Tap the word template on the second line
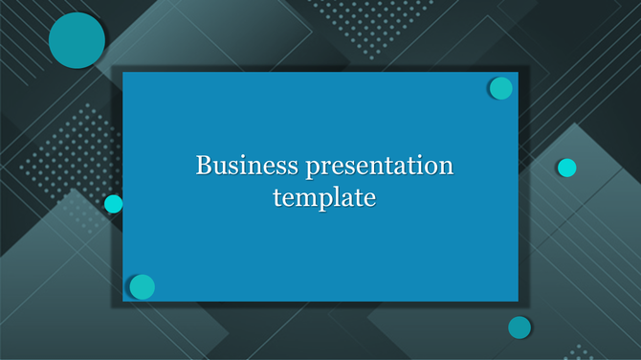coord(324,198)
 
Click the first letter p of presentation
coord(312,169)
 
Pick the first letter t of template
coord(276,198)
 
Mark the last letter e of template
coord(369,199)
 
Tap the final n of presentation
coord(446,167)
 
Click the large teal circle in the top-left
coord(77,41)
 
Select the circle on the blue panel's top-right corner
coord(500,88)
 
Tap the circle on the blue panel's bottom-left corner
coord(142,286)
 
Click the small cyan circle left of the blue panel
coord(114,203)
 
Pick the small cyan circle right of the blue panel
coord(566,168)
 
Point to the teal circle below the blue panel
coord(519,327)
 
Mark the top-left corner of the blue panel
coord(123,73)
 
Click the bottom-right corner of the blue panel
coord(518,301)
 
